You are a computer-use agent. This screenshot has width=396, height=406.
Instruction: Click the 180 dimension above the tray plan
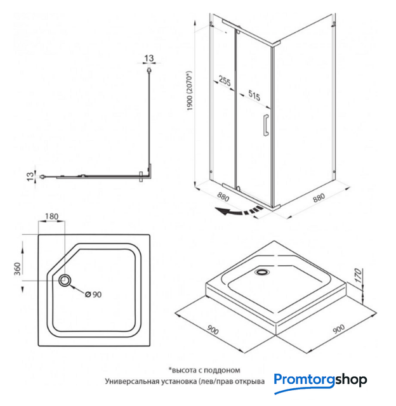52,216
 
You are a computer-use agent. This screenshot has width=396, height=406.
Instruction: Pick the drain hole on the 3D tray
261,273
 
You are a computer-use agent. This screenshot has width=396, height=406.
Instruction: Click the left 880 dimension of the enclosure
223,197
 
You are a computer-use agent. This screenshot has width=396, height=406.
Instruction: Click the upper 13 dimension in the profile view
148,59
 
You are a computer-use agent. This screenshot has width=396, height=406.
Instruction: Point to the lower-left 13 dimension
29,176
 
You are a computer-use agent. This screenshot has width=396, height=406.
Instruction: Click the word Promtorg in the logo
302,380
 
